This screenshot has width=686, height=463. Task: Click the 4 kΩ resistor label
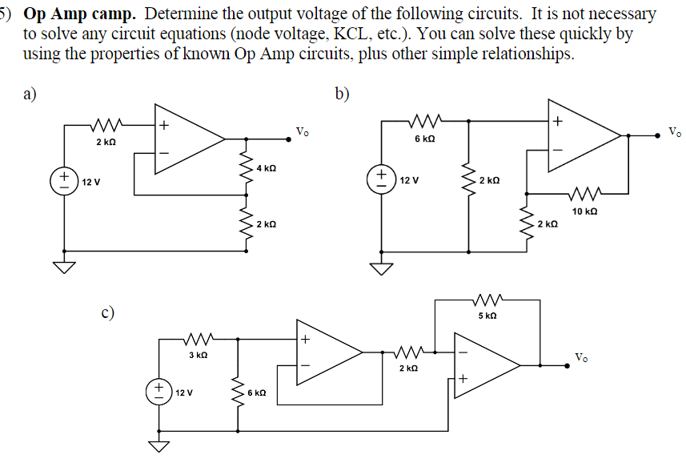(x=267, y=168)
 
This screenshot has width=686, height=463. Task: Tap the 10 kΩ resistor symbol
(x=585, y=193)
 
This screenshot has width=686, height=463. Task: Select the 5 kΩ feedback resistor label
(x=487, y=316)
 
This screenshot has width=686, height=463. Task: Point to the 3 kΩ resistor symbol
(x=197, y=340)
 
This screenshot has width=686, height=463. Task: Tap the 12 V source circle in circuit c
(x=160, y=392)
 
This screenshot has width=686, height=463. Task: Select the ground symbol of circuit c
(x=160, y=445)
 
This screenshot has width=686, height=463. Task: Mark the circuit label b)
(x=343, y=95)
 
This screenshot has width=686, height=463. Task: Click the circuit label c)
(x=106, y=312)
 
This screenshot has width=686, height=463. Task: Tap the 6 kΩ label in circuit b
(x=425, y=139)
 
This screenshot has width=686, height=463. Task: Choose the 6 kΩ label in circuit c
(x=257, y=393)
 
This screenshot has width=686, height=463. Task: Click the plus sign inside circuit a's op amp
(x=163, y=125)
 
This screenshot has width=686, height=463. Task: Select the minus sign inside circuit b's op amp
(x=558, y=150)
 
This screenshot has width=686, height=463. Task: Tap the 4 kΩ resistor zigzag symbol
(x=245, y=168)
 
